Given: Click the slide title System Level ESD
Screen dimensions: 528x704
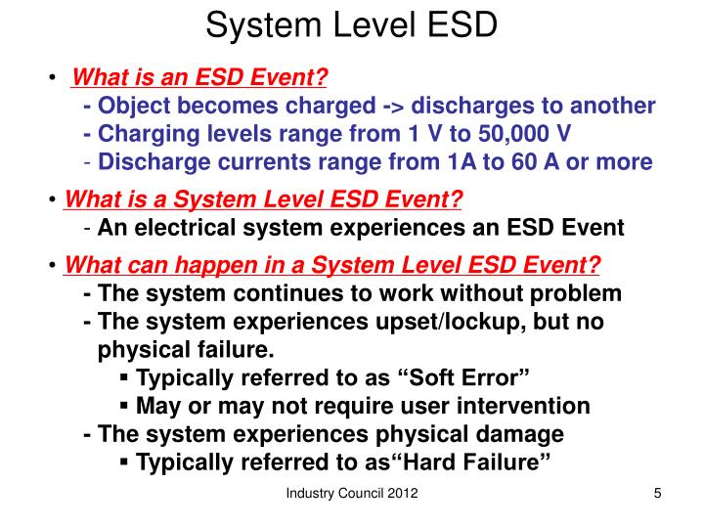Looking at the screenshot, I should (351, 25).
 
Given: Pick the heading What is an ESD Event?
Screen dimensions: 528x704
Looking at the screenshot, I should (201, 77).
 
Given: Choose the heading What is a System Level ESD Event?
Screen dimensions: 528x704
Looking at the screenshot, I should (263, 200).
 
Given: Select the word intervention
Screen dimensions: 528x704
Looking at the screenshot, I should (529, 406).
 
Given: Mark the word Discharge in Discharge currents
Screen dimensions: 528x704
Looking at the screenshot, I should (141, 160).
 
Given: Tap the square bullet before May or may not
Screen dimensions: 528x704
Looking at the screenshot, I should (124, 405).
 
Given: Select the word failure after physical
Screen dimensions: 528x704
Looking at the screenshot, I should (239, 349).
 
